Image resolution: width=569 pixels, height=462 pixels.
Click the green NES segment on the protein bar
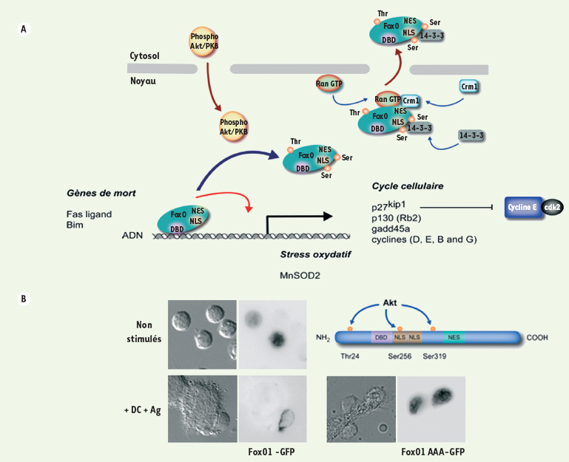coord(454,337)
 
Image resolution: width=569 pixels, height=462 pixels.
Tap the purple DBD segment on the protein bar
coord(381,337)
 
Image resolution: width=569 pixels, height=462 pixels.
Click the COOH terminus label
coord(539,338)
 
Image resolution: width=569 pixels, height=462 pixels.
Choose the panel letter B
coord(25,299)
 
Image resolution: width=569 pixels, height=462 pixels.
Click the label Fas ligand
coord(84,213)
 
